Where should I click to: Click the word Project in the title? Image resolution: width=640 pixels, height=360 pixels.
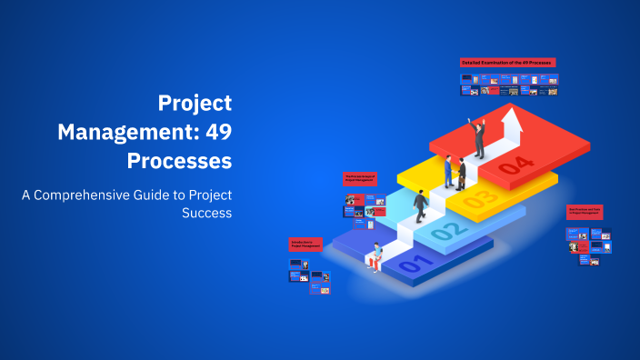tap(195, 103)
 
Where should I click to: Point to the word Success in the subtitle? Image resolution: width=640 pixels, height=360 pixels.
tap(206, 215)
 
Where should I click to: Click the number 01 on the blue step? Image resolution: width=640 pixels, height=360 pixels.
tap(410, 265)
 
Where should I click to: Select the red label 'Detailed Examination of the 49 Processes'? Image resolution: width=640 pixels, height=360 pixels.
tap(508, 62)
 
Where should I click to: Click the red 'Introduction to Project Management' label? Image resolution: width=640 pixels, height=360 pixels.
tap(305, 244)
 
